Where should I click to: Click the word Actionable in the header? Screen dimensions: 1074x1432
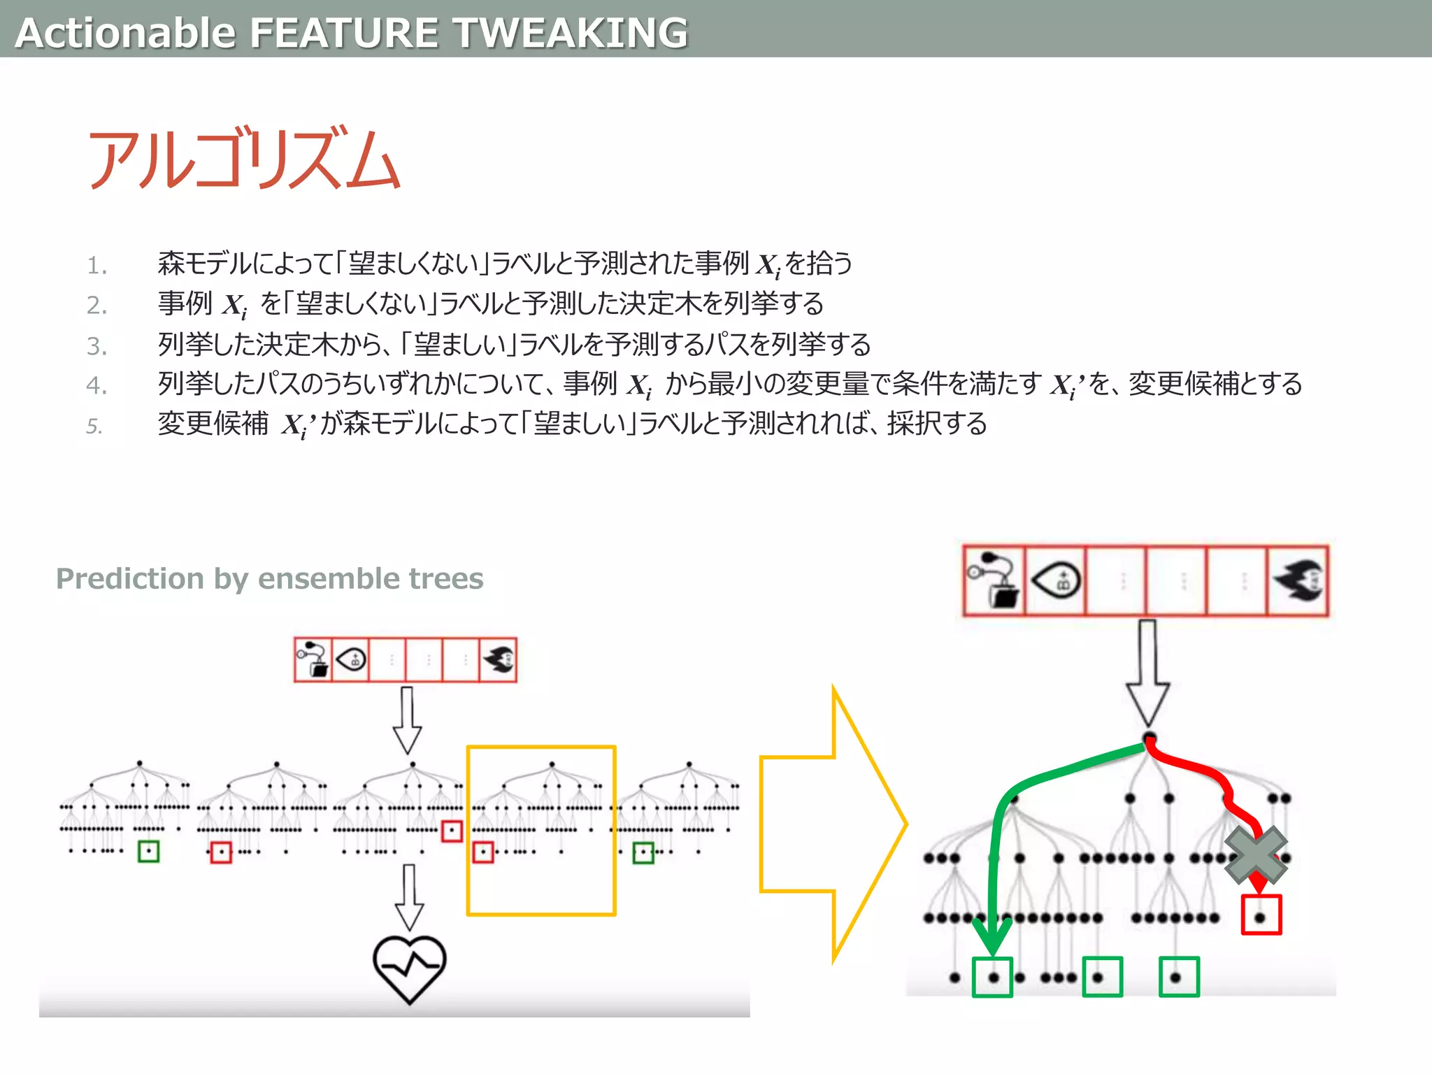click(126, 33)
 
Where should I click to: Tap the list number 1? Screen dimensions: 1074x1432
click(96, 266)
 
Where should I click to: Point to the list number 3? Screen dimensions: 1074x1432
click(96, 346)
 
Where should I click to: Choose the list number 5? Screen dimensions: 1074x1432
click(94, 426)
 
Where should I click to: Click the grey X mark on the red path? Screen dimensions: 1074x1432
click(1256, 855)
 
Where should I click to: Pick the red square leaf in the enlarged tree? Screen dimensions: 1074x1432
click(1261, 915)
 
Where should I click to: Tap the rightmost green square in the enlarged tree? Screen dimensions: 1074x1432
click(1179, 977)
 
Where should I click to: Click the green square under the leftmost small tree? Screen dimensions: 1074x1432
click(148, 851)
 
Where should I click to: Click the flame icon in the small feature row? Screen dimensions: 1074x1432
click(498, 659)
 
